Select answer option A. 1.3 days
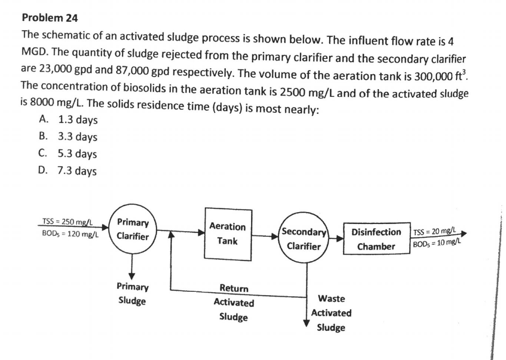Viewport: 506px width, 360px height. tap(68, 120)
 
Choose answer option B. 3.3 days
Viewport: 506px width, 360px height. tap(68, 137)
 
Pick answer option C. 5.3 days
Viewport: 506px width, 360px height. tap(68, 154)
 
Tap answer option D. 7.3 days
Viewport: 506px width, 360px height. tap(68, 171)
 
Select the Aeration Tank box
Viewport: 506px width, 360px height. tap(227, 234)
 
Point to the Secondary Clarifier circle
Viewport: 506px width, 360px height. tap(304, 239)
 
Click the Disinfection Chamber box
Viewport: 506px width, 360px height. tap(376, 239)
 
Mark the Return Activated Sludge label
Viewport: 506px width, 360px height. tap(234, 302)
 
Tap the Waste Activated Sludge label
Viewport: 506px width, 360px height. tap(331, 313)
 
